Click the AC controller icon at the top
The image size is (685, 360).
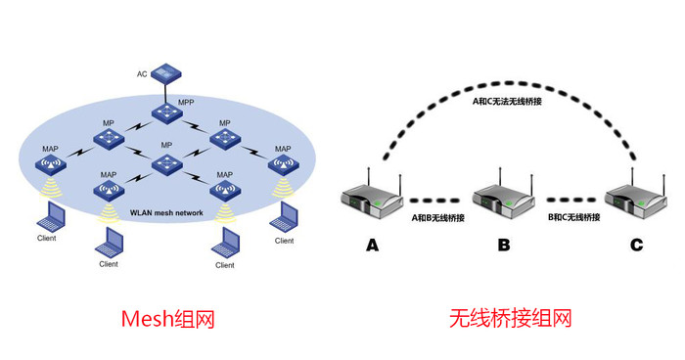[x=166, y=71]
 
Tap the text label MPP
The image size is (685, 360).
[x=186, y=101]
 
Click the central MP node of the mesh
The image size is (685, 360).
[x=165, y=162]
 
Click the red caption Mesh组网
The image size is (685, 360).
[x=166, y=318]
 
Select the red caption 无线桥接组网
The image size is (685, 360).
[x=509, y=318]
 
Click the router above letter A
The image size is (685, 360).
[x=373, y=200]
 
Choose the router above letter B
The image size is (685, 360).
[x=503, y=200]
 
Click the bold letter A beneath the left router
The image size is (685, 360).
[x=372, y=246]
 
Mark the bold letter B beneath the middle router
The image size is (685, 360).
[x=503, y=246]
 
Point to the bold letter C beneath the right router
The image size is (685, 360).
[x=636, y=246]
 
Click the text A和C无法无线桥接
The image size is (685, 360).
[x=506, y=101]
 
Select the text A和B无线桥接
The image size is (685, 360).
[x=437, y=215]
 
